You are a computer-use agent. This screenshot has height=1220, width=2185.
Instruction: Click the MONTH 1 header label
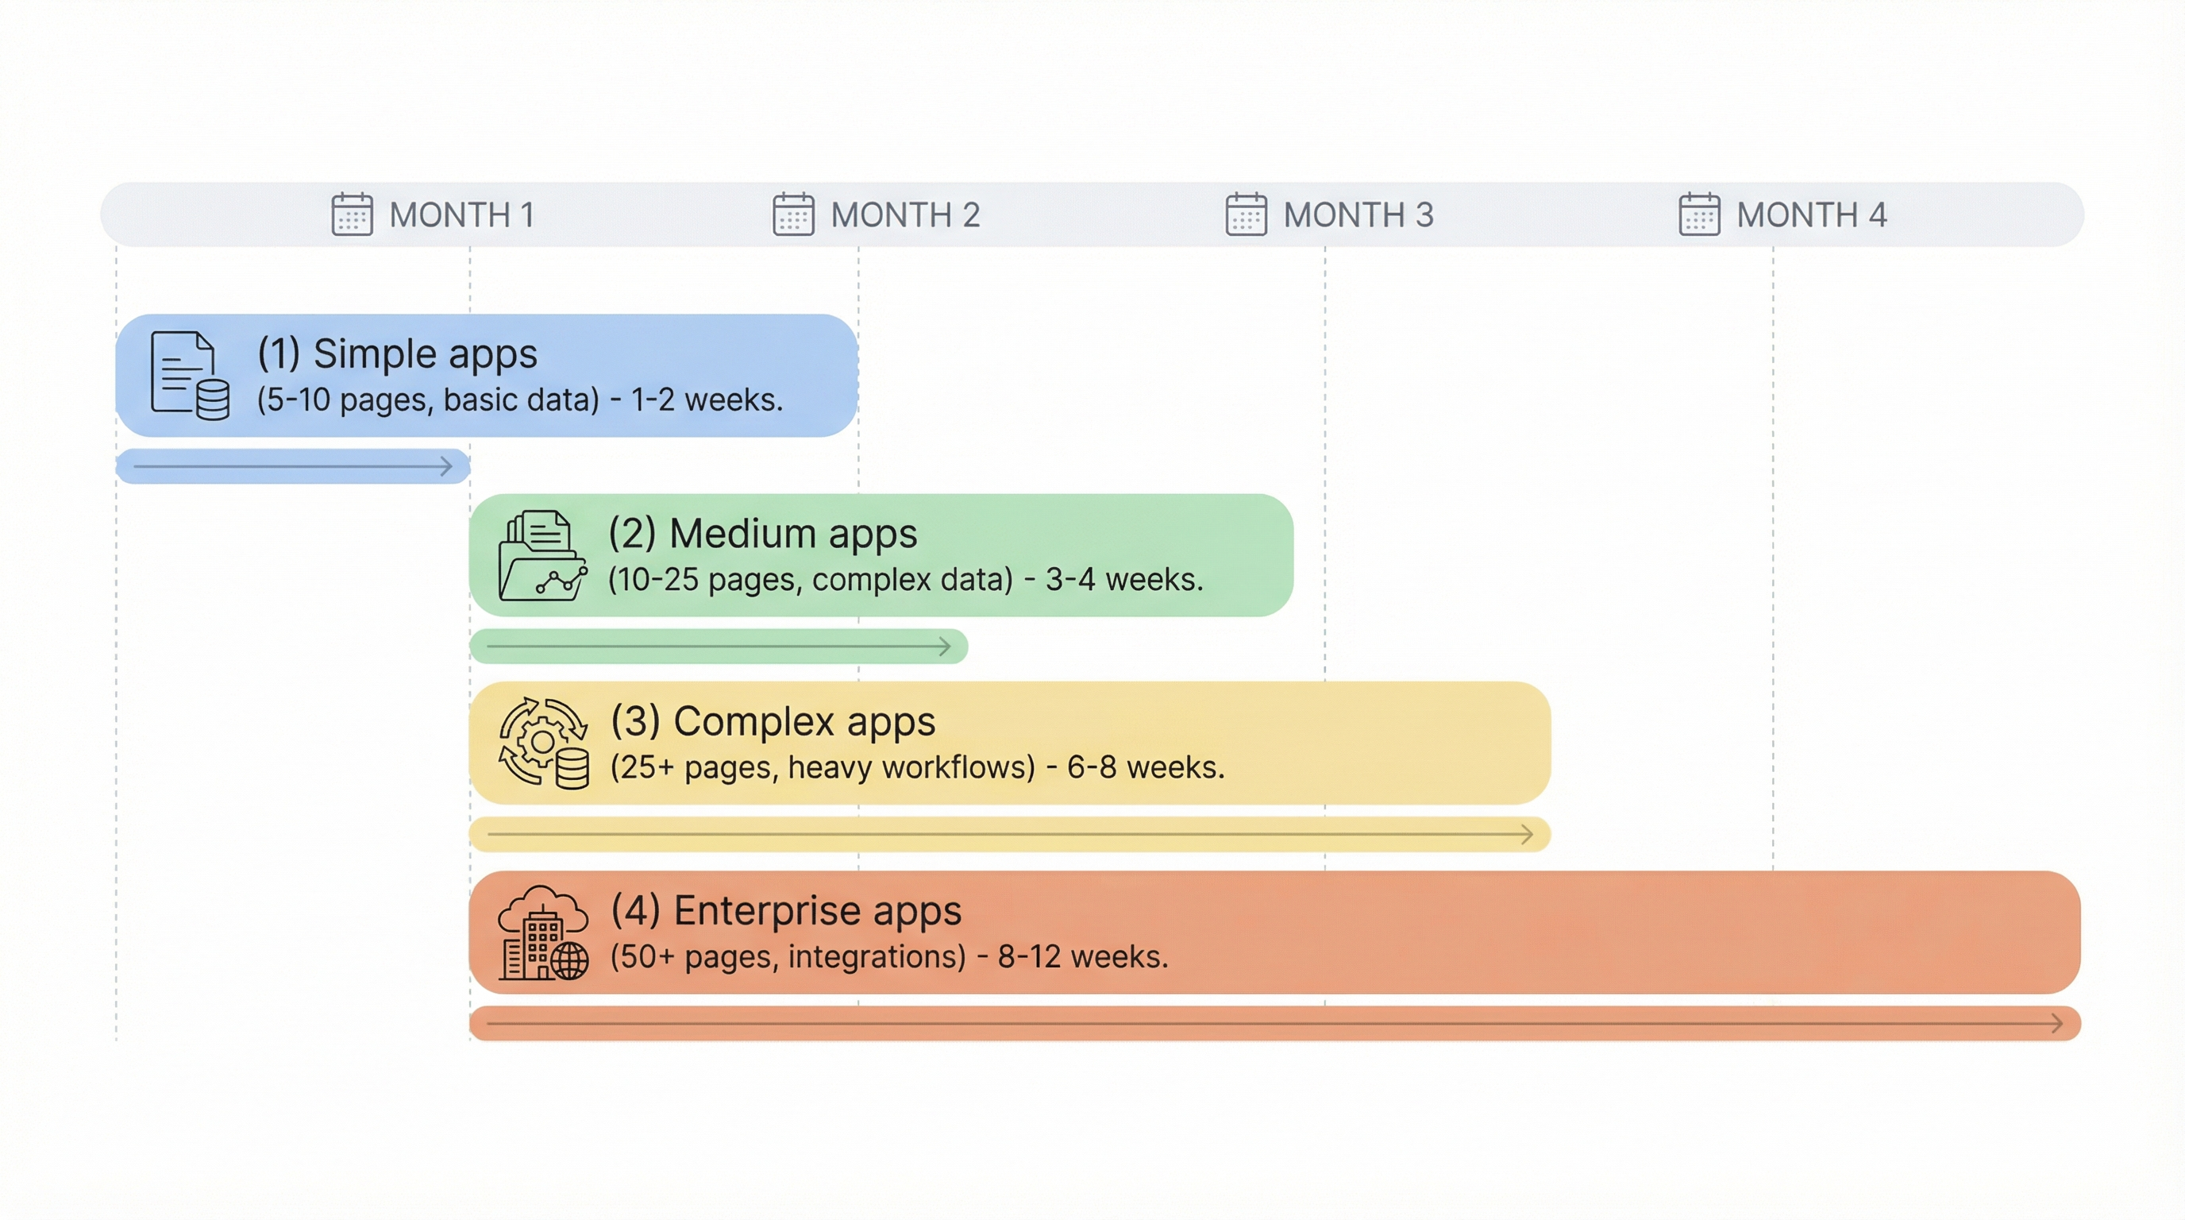pos(461,214)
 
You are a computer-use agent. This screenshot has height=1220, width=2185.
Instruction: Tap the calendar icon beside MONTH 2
pos(793,214)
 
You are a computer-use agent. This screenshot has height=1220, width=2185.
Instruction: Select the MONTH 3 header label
pos(1358,214)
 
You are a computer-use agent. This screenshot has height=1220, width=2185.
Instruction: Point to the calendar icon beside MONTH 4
pos(1699,214)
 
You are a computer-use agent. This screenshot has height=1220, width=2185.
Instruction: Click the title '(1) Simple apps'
pos(397,353)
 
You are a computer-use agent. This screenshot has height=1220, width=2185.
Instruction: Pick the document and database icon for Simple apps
pos(189,375)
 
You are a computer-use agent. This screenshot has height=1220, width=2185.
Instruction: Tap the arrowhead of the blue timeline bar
pos(446,466)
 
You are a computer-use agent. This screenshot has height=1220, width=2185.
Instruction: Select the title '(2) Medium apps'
pos(762,534)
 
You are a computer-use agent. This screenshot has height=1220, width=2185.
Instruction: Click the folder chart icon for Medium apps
pos(542,556)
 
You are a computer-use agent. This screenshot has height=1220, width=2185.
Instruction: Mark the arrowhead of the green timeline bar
pos(944,647)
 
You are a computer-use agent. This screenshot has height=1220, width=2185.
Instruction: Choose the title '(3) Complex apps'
pos(773,722)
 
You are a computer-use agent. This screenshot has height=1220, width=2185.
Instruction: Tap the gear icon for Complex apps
pos(544,743)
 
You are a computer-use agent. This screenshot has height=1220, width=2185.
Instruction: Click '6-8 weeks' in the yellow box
pos(1145,767)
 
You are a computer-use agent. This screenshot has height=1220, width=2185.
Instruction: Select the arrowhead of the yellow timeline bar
pos(1526,835)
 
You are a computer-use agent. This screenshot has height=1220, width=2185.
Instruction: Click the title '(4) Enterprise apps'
pos(785,910)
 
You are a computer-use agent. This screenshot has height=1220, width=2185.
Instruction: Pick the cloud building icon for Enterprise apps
pos(543,933)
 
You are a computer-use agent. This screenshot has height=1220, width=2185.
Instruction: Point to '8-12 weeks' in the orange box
pos(1082,957)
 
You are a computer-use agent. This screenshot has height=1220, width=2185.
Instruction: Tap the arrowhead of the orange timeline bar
pos(2056,1023)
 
